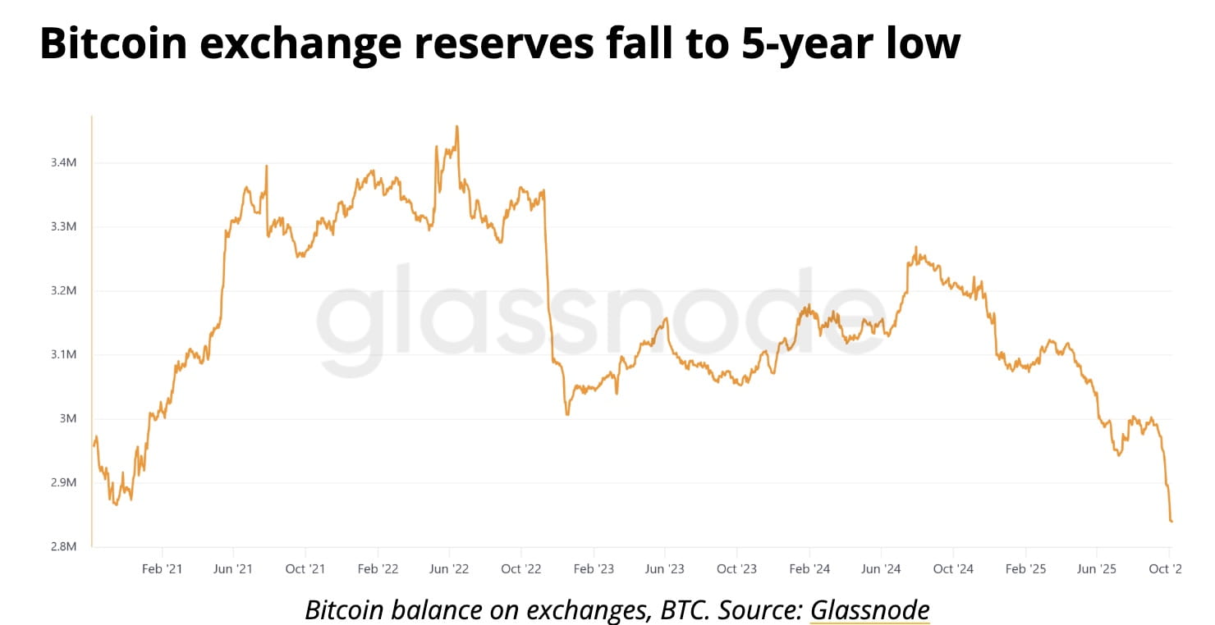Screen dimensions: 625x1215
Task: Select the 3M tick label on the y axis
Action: (x=68, y=419)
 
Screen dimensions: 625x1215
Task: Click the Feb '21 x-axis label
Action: (x=162, y=568)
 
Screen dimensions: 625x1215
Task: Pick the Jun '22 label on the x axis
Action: (x=449, y=568)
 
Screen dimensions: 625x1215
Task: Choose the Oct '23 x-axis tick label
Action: (x=736, y=568)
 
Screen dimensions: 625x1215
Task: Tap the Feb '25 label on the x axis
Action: (x=1026, y=568)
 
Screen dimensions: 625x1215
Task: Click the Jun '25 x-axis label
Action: (x=1097, y=568)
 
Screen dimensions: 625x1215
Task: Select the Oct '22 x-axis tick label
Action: (x=521, y=568)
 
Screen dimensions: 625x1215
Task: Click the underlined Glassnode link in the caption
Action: (x=869, y=609)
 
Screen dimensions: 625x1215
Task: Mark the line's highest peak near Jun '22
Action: (x=456, y=126)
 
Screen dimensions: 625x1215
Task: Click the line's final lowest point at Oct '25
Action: (x=1171, y=521)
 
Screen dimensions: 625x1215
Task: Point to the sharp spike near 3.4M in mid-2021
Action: (x=267, y=167)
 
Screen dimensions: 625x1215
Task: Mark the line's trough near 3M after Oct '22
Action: (x=567, y=414)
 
